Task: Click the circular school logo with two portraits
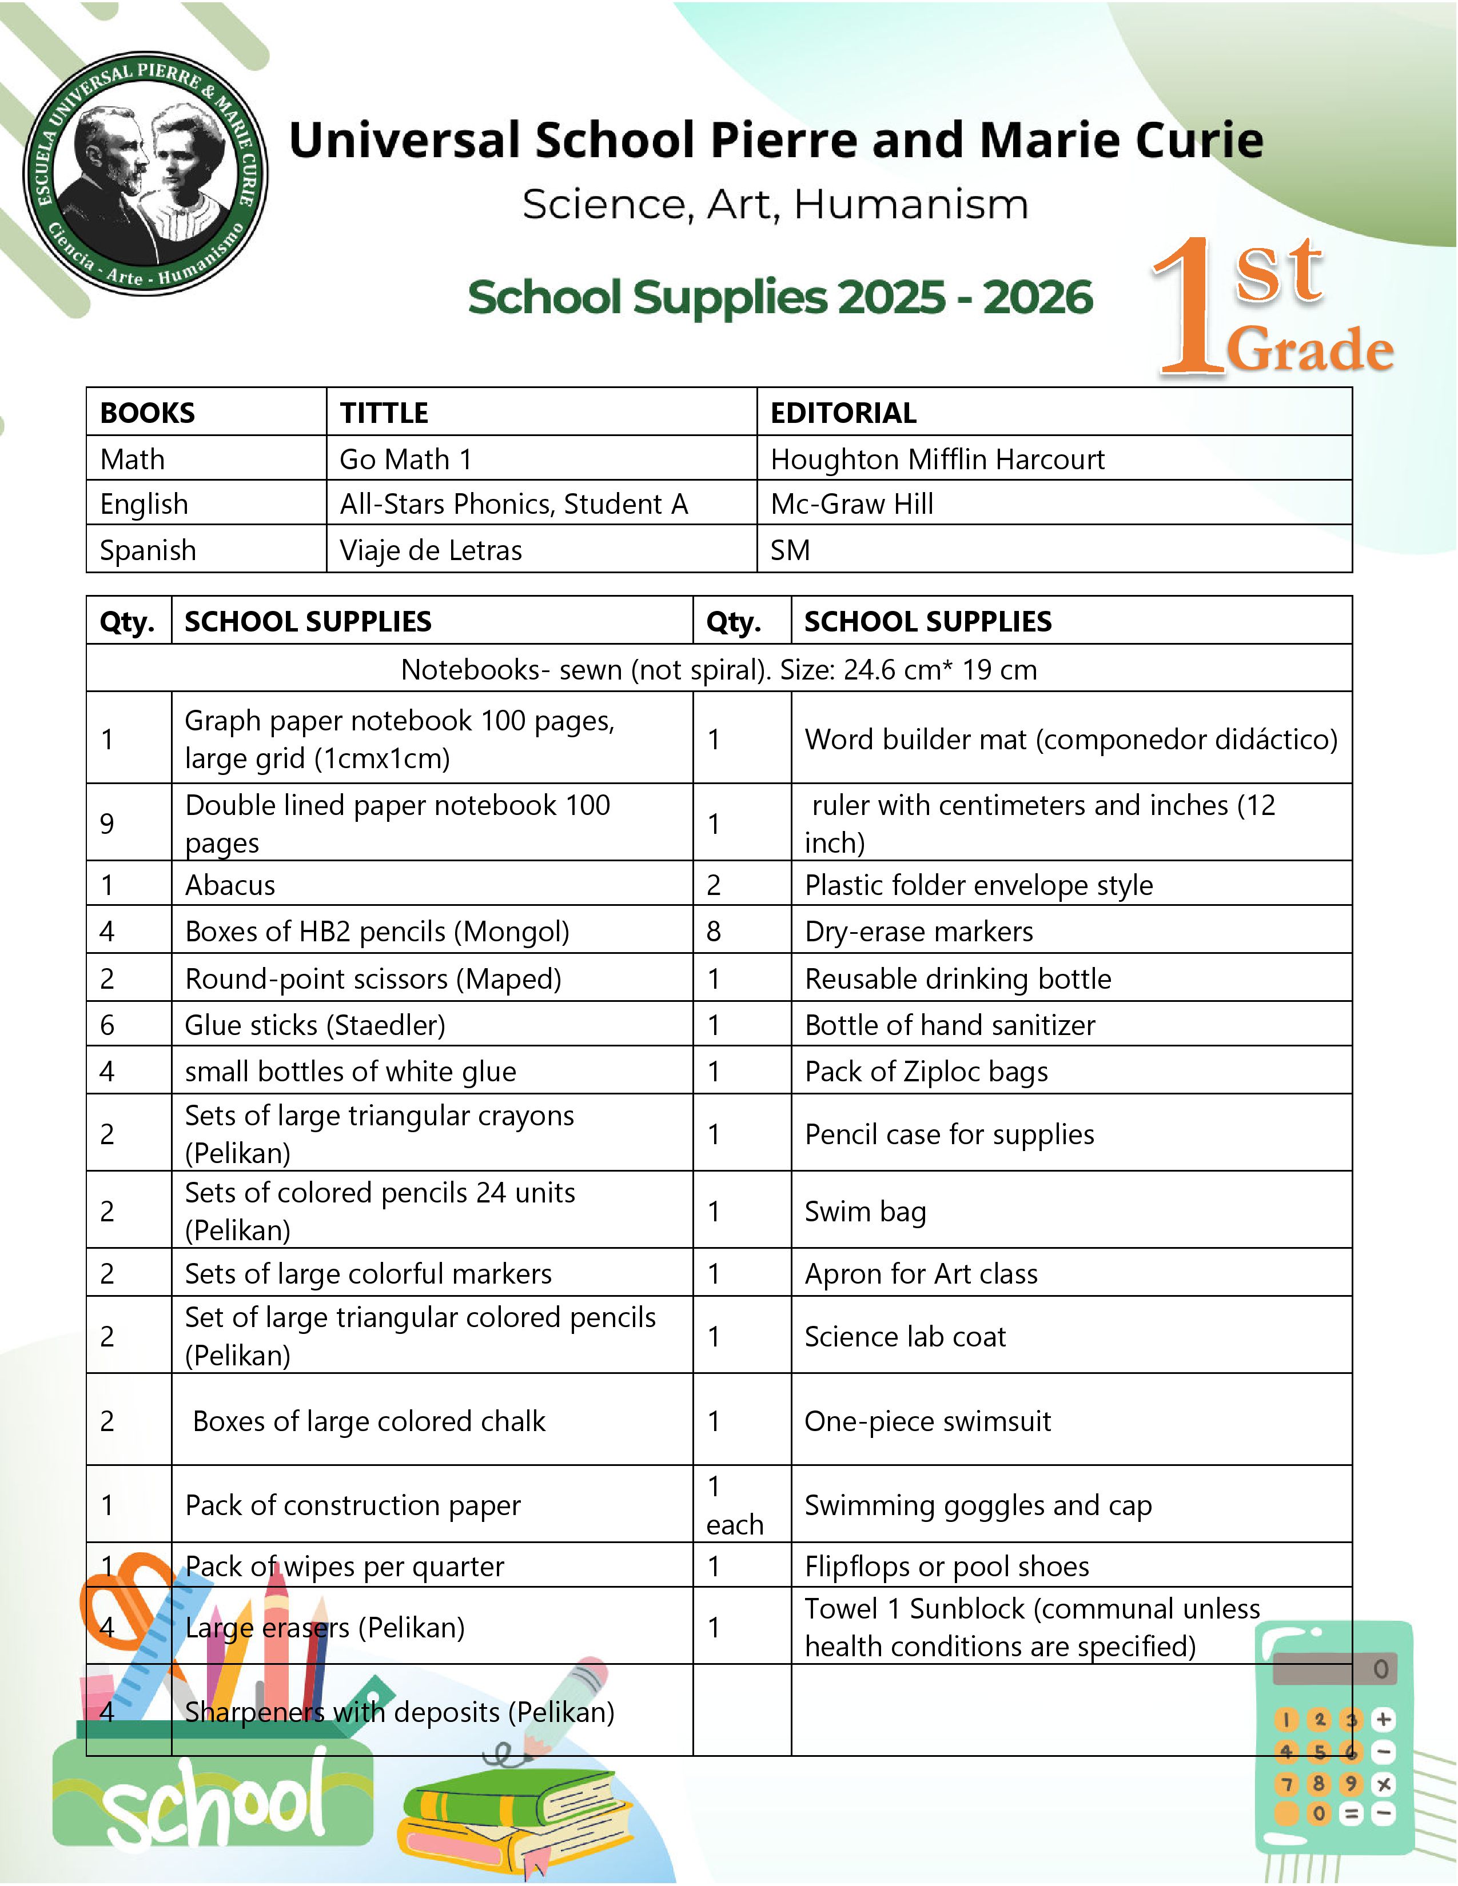(x=145, y=173)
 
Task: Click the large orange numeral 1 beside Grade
(x=1190, y=307)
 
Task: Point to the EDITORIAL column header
(x=843, y=413)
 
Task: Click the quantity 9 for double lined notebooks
(x=107, y=823)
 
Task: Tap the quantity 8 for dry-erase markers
(x=714, y=931)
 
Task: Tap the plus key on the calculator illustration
(x=1383, y=1719)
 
